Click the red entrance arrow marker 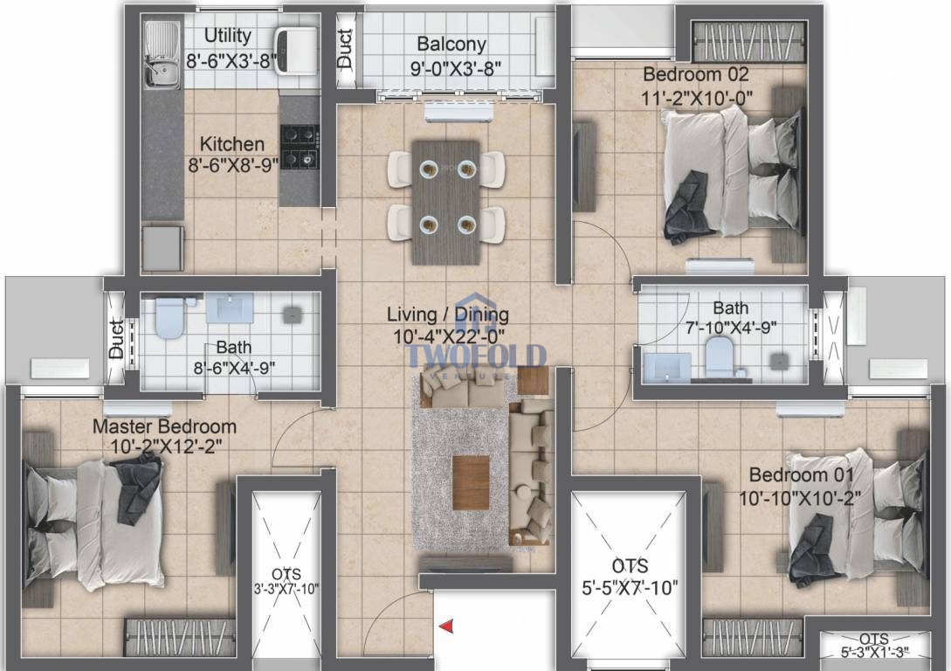446,626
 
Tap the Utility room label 227,36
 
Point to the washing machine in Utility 296,51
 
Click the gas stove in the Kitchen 300,146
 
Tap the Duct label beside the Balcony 344,49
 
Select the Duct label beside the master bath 116,338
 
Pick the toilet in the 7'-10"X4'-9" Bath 720,358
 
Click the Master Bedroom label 164,426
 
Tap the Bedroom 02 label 696,74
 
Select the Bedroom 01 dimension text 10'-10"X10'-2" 800,499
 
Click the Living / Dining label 448,315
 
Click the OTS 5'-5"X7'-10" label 630,577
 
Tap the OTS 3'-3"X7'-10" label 286,581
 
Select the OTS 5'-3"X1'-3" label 874,646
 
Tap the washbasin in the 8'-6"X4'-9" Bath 230,308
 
